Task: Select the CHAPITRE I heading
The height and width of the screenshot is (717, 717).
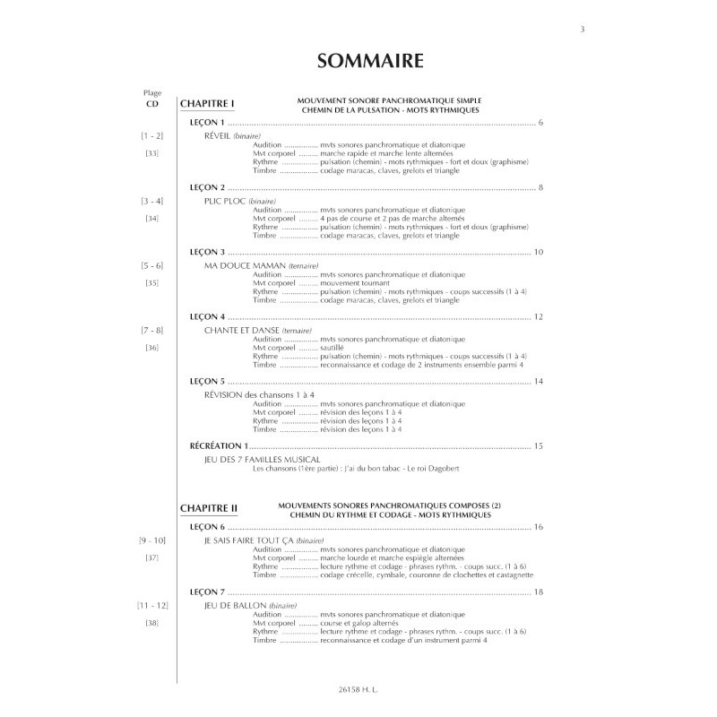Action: (207, 103)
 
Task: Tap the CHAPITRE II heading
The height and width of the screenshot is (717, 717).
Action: (209, 507)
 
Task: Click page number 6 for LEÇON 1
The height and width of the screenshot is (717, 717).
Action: (541, 122)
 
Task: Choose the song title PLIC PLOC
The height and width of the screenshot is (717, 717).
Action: (225, 202)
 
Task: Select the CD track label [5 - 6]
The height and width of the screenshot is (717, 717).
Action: (151, 267)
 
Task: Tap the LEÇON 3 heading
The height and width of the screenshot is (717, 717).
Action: (208, 253)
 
